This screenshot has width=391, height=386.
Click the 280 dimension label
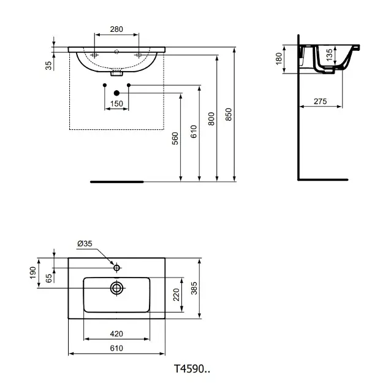(116, 29)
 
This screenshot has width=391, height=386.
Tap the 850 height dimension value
(229, 115)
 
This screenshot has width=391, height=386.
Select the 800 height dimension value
(211, 119)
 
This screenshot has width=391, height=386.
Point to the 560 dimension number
(175, 138)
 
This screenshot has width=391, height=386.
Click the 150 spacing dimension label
(116, 104)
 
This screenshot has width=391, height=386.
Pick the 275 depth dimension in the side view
(320, 101)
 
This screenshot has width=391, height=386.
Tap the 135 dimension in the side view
(329, 55)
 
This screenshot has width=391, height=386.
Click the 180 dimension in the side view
(279, 59)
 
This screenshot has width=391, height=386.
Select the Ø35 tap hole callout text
(85, 243)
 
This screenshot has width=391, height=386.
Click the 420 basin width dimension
(116, 334)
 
